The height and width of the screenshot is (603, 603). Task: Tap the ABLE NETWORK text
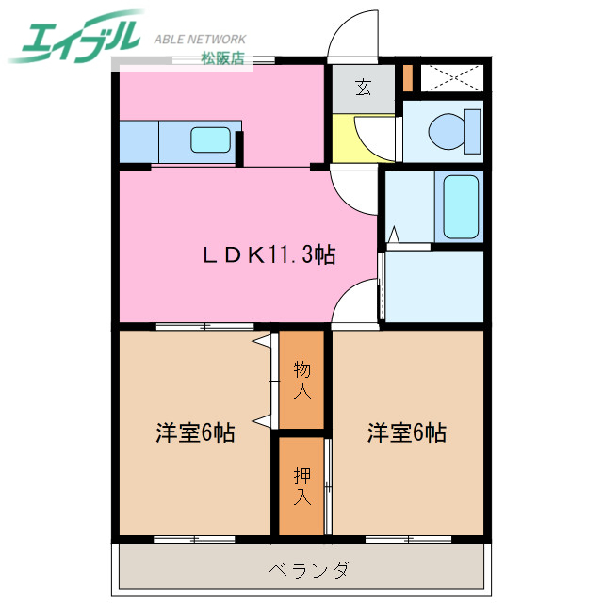(200, 40)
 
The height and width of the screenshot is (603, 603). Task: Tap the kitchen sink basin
(212, 140)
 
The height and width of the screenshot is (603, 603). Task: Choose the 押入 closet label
(301, 486)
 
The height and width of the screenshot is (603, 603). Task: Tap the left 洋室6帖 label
(195, 433)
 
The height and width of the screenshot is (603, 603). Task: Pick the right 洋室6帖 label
(406, 433)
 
